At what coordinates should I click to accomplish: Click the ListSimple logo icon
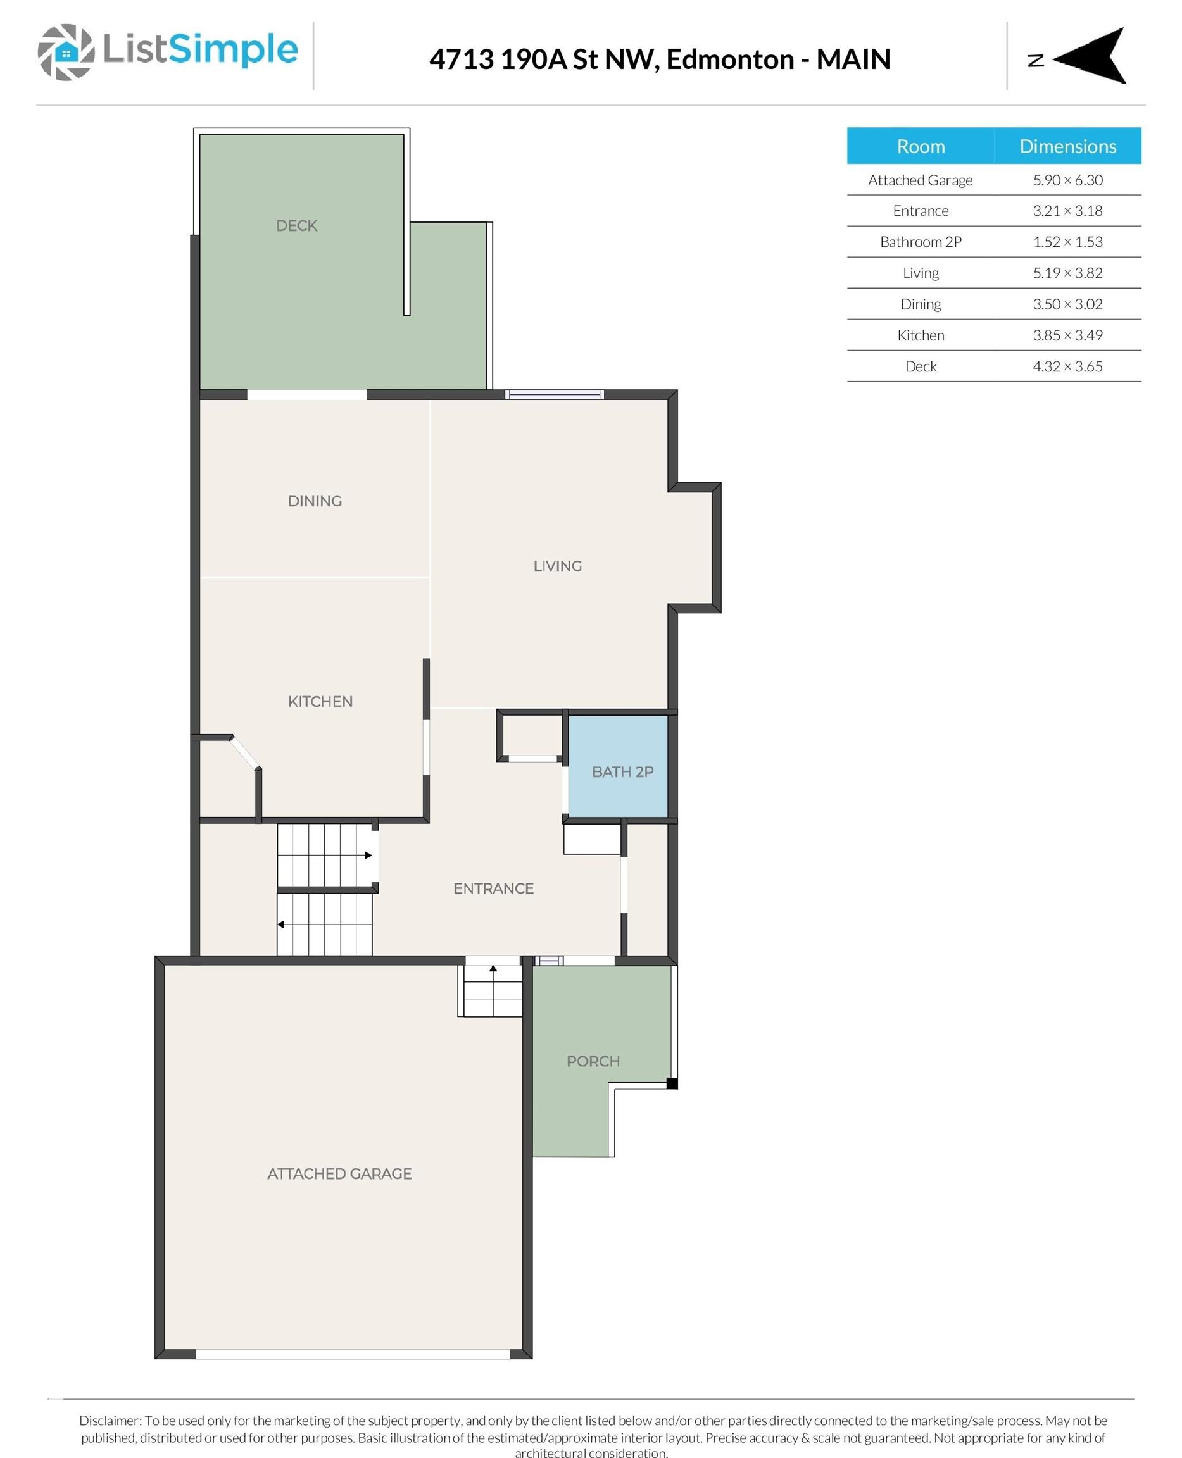pos(65,52)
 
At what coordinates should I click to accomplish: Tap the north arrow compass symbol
pos(1090,56)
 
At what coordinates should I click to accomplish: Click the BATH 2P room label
pos(622,771)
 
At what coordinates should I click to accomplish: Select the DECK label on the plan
pos(296,225)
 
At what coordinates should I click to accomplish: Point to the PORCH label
pos(593,1061)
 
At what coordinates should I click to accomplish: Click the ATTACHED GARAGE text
pos(339,1173)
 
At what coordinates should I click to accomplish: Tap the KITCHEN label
pos(320,701)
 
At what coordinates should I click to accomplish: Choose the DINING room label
pos(315,501)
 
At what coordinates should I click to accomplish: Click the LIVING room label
pos(557,566)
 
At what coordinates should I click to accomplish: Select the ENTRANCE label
pos(493,888)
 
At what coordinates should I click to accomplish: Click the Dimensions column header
pos(1067,146)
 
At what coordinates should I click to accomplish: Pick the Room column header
pos(920,146)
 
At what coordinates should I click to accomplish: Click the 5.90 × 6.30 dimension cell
pos(1067,180)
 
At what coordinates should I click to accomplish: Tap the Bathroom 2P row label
pos(920,242)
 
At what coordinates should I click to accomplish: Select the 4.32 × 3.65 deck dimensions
pos(1067,366)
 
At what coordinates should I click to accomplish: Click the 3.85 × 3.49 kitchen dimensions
pos(1067,335)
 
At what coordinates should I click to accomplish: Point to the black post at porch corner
pos(671,1083)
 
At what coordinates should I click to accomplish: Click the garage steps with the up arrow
pos(493,990)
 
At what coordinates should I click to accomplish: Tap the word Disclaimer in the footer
pos(110,1420)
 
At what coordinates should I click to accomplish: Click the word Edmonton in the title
pos(729,59)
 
